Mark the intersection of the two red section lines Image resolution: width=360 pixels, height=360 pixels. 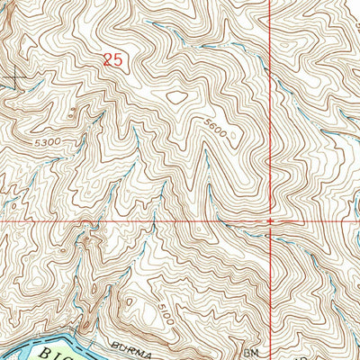click(x=271, y=220)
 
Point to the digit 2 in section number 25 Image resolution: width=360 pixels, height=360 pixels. click(x=108, y=60)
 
